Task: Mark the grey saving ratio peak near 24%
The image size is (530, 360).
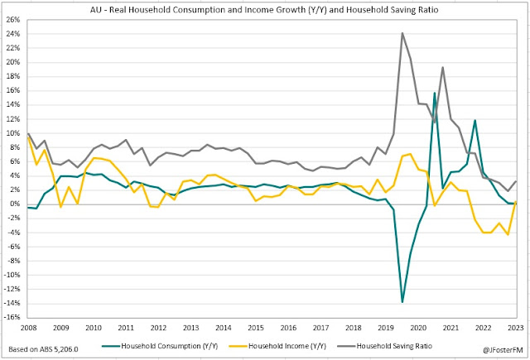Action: pyautogui.click(x=402, y=33)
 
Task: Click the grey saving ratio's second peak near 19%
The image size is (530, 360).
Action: pyautogui.click(x=442, y=67)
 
